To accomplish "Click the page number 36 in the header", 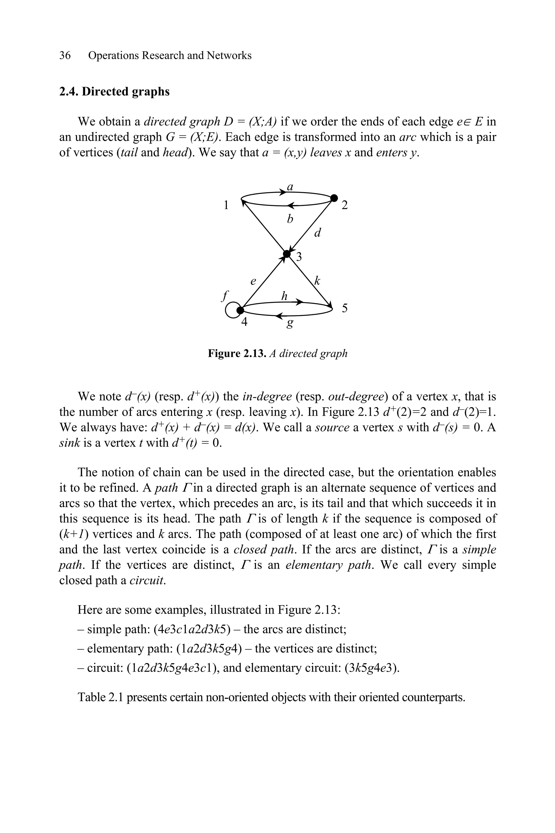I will point(65,56).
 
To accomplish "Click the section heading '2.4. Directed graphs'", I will point(114,92).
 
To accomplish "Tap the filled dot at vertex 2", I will point(334,198).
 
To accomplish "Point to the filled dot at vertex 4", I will point(240,310).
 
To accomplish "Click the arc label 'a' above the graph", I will point(290,187).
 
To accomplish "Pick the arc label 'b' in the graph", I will point(290,219).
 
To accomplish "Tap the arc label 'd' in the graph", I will point(318,233).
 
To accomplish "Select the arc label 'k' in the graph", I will point(317,281).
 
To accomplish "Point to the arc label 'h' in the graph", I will point(284,296).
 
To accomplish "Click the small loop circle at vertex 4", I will point(231,310).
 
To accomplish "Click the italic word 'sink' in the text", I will point(69,443).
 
